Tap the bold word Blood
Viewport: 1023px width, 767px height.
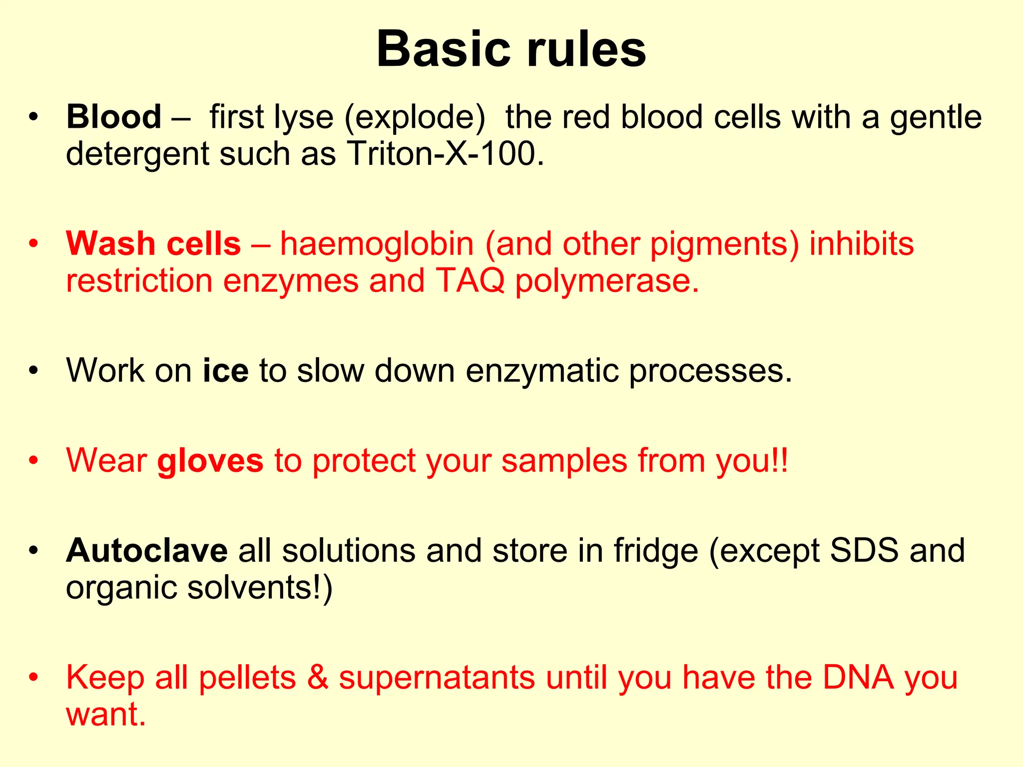113,117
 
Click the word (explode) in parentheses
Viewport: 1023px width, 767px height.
415,118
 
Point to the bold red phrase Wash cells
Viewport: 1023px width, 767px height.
153,244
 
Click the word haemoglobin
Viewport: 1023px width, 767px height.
376,244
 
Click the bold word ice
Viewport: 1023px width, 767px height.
225,371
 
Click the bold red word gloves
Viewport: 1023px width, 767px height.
210,460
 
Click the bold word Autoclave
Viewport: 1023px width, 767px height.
147,550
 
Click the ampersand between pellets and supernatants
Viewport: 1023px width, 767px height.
317,677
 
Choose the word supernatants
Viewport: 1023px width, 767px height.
437,678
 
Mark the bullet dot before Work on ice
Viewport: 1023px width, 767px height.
33,371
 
